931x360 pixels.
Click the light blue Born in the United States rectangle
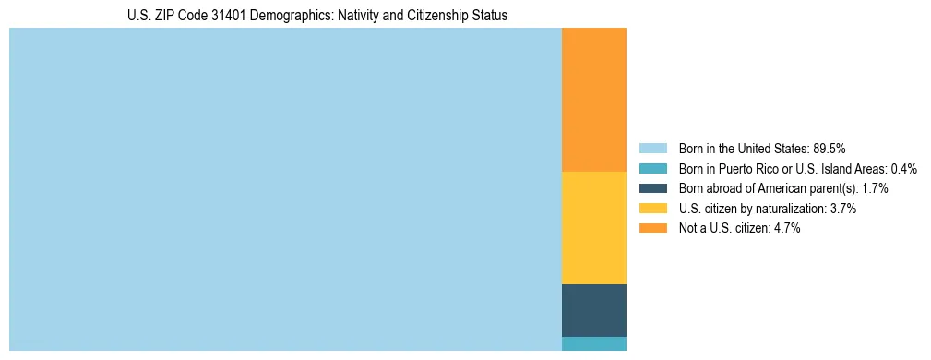click(285, 189)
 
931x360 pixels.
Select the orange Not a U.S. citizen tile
click(594, 100)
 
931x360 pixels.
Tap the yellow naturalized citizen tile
click(594, 228)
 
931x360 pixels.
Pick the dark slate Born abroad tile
click(594, 310)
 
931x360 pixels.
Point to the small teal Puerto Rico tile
click(594, 343)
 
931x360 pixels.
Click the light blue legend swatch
click(652, 148)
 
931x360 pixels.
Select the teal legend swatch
click(652, 168)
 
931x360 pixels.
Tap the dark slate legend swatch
click(652, 188)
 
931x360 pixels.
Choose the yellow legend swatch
click(652, 209)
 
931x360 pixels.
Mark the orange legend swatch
click(652, 229)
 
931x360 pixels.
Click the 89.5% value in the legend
click(830, 148)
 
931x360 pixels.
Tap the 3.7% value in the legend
click(842, 209)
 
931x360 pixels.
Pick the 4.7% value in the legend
click(786, 229)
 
